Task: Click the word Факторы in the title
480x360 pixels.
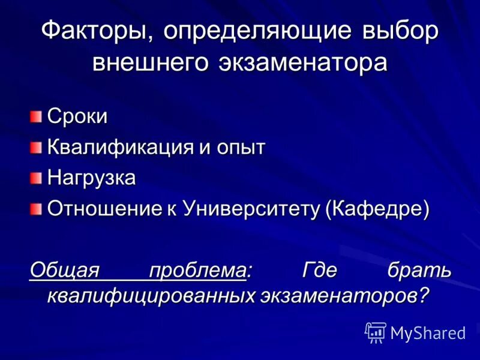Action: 95,32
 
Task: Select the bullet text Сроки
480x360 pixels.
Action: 78,116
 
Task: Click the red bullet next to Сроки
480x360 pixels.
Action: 37,115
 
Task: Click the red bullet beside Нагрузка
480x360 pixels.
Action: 37,177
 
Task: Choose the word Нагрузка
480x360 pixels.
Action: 92,178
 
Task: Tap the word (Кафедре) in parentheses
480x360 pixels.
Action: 378,209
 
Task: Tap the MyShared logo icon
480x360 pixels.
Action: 376,332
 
